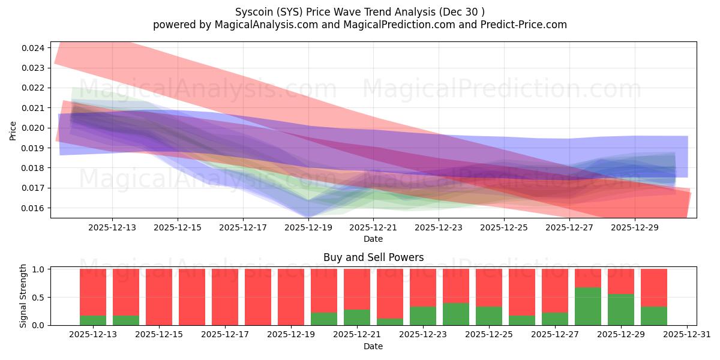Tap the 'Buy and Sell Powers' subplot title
pyautogui.click(x=373, y=257)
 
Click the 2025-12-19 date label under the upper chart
pyautogui.click(x=308, y=228)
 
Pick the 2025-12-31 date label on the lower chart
pyautogui.click(x=686, y=335)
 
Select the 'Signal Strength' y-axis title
pyautogui.click(x=23, y=296)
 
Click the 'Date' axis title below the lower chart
pyautogui.click(x=373, y=346)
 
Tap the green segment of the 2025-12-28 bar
pyautogui.click(x=588, y=307)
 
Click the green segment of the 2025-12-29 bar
pyautogui.click(x=621, y=310)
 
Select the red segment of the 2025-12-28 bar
pyautogui.click(x=588, y=278)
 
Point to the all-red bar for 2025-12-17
pyautogui.click(x=225, y=297)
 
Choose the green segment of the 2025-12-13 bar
pyautogui.click(x=93, y=320)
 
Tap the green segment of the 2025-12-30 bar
pyautogui.click(x=654, y=316)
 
